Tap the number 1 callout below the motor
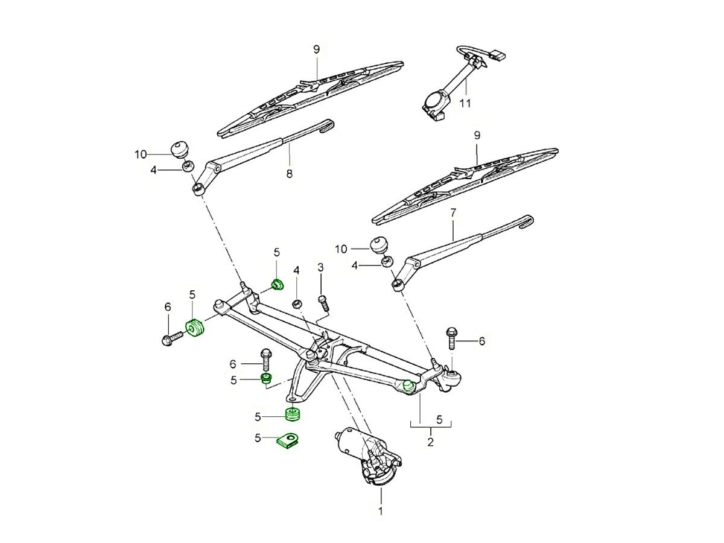381,512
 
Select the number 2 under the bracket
430,442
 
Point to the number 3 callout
321,267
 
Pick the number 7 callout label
453,212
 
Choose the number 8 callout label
289,174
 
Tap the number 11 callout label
465,103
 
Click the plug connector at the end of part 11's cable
498,56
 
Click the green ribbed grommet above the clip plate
293,414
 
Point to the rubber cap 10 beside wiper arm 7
378,244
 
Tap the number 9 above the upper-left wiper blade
316,49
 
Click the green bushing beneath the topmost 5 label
278,284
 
